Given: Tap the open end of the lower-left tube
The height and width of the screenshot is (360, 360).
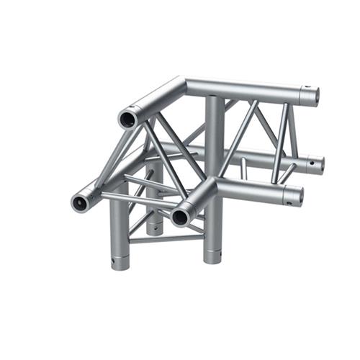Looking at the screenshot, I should pyautogui.click(x=80, y=202).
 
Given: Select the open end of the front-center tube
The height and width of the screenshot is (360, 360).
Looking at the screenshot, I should pyautogui.click(x=180, y=215).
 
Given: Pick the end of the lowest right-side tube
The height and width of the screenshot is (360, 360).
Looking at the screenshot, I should pyautogui.click(x=294, y=194).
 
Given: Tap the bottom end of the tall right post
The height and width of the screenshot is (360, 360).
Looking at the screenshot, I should pyautogui.click(x=213, y=258).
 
